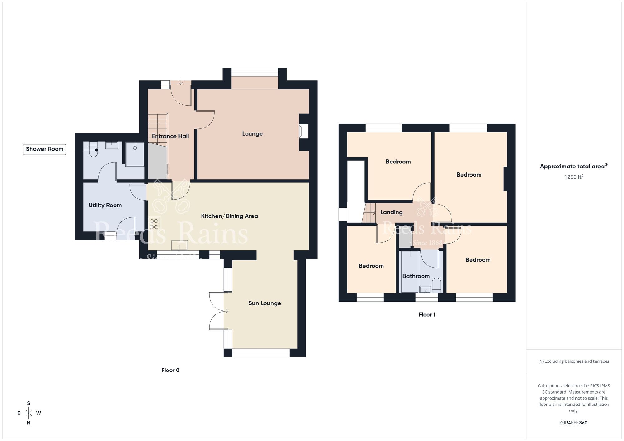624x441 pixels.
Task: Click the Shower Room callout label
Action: pyautogui.click(x=45, y=149)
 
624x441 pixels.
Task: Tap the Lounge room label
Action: pyautogui.click(x=252, y=134)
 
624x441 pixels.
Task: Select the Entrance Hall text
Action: pyautogui.click(x=170, y=136)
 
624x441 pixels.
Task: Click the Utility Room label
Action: pyautogui.click(x=105, y=205)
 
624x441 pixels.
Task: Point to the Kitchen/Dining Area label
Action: pyautogui.click(x=229, y=216)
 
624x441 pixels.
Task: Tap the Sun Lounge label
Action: pyautogui.click(x=265, y=303)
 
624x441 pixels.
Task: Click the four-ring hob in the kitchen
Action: pyautogui.click(x=154, y=224)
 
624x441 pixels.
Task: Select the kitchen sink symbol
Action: pyautogui.click(x=179, y=245)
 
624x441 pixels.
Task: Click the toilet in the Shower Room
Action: pyautogui.click(x=94, y=149)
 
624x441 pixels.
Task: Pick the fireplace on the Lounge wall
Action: pyautogui.click(x=303, y=131)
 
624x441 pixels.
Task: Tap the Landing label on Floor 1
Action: pyautogui.click(x=391, y=212)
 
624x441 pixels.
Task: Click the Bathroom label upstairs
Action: pyautogui.click(x=416, y=276)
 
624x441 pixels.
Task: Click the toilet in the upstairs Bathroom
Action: pyautogui.click(x=436, y=285)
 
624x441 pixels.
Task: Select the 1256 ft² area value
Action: pyautogui.click(x=573, y=177)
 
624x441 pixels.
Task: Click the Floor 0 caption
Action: pyautogui.click(x=170, y=370)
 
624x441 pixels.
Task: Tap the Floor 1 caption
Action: pyautogui.click(x=427, y=315)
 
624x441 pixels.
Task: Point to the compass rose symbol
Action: pyautogui.click(x=29, y=413)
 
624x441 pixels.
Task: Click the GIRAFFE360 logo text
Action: pyautogui.click(x=573, y=423)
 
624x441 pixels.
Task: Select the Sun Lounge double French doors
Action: pyautogui.click(x=217, y=311)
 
